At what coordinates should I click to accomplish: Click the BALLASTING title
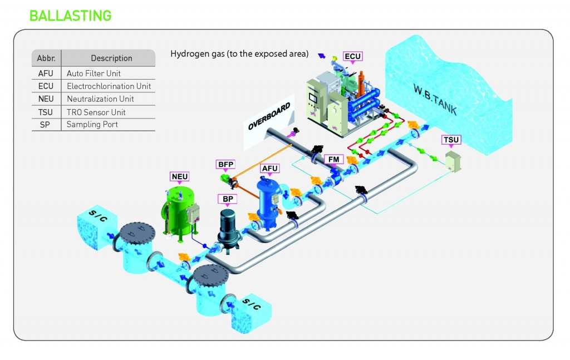[x=70, y=15]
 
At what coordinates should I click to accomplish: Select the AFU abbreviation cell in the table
[x=46, y=73]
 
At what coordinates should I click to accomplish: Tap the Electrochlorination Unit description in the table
[x=109, y=86]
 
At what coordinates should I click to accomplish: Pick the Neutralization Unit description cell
[x=100, y=99]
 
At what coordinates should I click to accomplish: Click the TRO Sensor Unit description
[x=96, y=112]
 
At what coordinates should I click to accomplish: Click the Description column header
[x=111, y=58]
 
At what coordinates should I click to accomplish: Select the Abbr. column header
[x=46, y=58]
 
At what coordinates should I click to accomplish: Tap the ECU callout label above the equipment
[x=352, y=56]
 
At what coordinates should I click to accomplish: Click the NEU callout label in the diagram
[x=180, y=177]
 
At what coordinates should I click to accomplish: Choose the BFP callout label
[x=225, y=164]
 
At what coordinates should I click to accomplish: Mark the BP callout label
[x=228, y=198]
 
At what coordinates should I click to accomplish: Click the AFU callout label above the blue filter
[x=269, y=169]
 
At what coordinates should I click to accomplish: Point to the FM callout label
[x=334, y=159]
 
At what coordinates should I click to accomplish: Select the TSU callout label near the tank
[x=451, y=139]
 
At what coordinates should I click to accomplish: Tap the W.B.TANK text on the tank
[x=435, y=99]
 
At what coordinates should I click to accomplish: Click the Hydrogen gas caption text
[x=239, y=54]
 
